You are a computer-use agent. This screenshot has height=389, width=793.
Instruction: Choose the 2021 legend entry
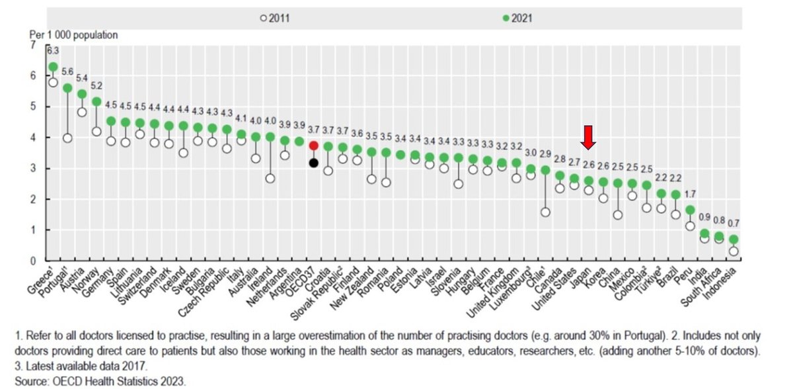pos(517,19)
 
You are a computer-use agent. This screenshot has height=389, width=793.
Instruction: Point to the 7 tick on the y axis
pos(34,45)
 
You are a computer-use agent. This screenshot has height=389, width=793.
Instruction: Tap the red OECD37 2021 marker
pos(314,145)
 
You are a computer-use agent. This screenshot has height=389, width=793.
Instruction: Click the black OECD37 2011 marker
pos(314,163)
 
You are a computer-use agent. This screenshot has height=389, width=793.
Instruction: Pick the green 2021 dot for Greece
pos(53,67)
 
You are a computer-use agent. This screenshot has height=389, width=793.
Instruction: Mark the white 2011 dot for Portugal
pos(67,138)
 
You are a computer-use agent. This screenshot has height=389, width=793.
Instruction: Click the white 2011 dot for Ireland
pos(270,178)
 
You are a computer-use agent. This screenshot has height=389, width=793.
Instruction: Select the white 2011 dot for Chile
pos(545,212)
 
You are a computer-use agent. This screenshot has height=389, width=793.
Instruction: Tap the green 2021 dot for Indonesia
pos(732,239)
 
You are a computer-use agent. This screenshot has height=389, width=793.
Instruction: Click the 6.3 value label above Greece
pos(53,50)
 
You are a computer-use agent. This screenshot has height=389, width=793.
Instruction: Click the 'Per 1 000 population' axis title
pos(72,35)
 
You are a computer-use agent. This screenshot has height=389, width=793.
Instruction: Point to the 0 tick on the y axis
pos(34,261)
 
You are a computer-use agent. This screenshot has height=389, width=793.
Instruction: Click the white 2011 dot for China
pos(617,214)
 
